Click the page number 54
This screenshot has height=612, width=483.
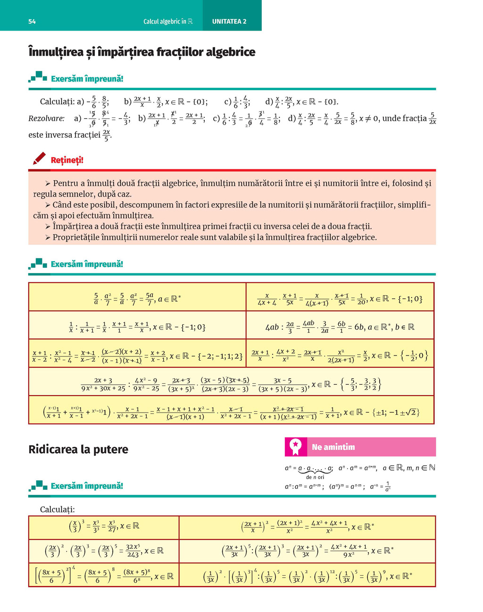point(32,22)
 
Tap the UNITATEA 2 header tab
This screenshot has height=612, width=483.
point(229,22)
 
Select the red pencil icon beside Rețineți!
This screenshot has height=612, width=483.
point(40,158)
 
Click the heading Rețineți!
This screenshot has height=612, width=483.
point(67,160)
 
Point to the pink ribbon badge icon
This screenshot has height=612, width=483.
point(296,447)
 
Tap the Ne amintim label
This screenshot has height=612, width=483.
point(333,447)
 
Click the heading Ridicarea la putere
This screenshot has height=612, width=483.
point(78,449)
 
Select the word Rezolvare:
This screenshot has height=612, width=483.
point(46,118)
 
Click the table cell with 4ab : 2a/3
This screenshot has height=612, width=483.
point(340,326)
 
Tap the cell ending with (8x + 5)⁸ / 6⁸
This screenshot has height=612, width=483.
point(104,576)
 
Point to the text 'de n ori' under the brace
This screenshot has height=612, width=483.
point(315,477)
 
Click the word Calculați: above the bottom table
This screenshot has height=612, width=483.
point(57,509)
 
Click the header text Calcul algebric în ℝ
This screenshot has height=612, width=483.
point(168,22)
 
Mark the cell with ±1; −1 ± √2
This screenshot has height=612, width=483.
point(231,411)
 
